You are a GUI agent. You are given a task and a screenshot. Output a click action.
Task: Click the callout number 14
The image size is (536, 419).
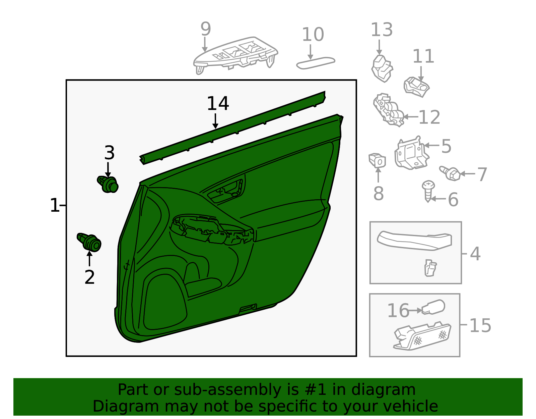218,103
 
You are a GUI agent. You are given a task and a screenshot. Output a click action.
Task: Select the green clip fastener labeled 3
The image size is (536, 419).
108,185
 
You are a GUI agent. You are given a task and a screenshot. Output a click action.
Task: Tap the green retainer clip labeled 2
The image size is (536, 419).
89,242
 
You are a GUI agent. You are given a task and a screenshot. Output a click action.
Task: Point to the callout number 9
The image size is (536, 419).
206,29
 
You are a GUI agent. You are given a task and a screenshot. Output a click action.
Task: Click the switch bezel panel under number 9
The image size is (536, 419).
236,55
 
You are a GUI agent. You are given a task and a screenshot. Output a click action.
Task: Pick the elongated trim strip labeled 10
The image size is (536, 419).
316,63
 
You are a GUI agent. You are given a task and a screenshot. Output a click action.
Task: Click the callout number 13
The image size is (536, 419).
382,30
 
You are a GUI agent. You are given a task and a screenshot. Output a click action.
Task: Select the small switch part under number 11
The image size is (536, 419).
417,87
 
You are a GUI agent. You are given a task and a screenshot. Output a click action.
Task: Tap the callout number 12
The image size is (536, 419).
429,117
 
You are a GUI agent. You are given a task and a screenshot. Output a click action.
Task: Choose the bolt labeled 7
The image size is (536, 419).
450,173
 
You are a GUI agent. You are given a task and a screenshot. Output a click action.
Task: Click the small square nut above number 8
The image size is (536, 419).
377,160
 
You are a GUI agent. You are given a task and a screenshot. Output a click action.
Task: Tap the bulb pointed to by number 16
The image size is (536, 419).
433,307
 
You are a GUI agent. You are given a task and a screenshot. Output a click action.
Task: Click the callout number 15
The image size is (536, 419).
480,325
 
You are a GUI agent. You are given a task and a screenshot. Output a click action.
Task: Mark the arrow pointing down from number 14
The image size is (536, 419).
215,121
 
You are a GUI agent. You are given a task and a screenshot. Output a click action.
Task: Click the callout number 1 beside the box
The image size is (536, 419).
55,205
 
